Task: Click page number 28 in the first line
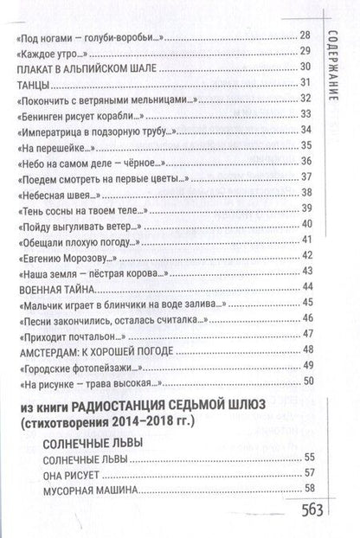point(304,35)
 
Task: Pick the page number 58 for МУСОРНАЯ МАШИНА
point(304,490)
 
